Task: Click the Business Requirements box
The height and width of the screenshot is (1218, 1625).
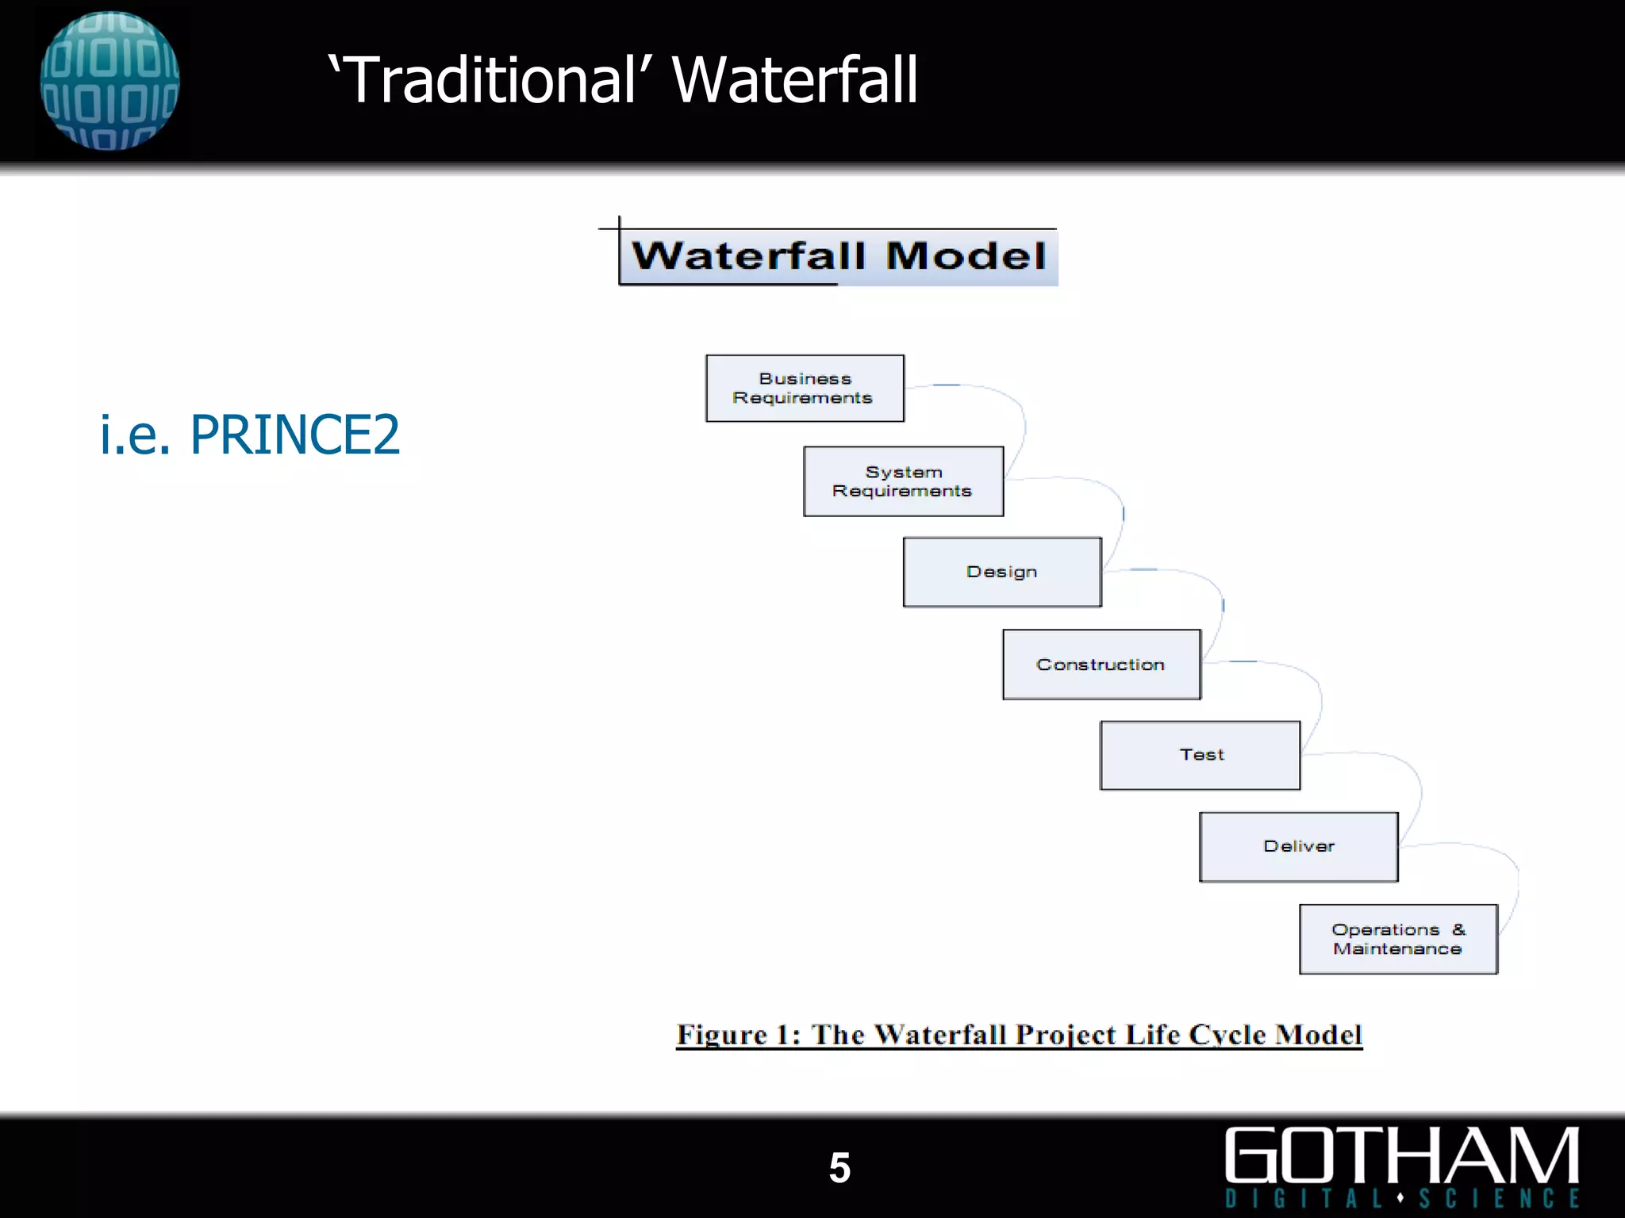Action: click(x=805, y=389)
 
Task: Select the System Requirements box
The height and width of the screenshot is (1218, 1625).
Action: click(x=903, y=481)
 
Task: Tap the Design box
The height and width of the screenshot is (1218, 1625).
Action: click(x=1002, y=572)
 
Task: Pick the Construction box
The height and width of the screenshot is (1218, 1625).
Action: click(x=1101, y=665)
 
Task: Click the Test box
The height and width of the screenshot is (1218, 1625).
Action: click(x=1200, y=755)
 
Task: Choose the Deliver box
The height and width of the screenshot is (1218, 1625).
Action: click(x=1299, y=846)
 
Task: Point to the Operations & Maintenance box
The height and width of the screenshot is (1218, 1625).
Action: click(x=1398, y=939)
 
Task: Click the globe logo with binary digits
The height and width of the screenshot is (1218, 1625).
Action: click(x=109, y=80)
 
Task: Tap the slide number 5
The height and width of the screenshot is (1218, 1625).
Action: click(x=839, y=1168)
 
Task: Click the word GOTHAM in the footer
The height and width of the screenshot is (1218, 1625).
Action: click(x=1401, y=1155)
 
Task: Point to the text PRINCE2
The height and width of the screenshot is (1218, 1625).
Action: click(x=295, y=435)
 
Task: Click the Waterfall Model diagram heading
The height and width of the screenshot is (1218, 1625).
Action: click(x=839, y=256)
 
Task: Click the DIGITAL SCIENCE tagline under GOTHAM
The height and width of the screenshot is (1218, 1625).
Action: click(x=1401, y=1197)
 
